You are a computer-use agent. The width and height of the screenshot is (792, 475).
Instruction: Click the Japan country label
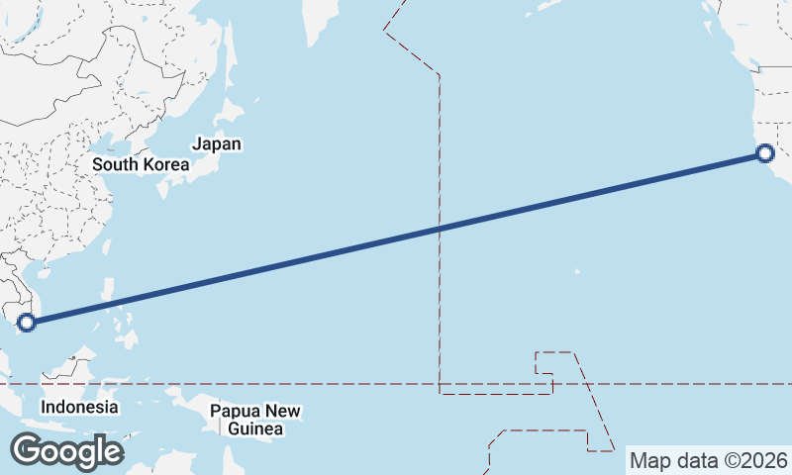tap(216, 144)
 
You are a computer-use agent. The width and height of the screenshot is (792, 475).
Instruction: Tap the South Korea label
tap(140, 164)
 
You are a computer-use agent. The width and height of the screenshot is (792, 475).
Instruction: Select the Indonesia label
tap(79, 407)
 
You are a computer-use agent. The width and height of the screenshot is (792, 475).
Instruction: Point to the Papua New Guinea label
tap(255, 420)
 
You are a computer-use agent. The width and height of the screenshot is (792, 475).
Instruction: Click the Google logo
tap(66, 451)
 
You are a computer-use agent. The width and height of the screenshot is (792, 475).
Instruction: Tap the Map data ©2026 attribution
tap(708, 460)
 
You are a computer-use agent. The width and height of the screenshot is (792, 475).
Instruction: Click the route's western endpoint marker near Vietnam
tap(27, 322)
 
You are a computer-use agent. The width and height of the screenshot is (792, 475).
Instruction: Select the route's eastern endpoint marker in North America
tap(764, 152)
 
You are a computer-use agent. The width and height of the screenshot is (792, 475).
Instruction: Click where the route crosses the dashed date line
tap(439, 229)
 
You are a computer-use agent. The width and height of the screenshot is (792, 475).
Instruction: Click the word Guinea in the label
tap(255, 428)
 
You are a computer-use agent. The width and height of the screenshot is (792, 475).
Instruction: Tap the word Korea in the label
tap(163, 164)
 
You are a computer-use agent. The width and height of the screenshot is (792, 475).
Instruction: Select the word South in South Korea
tap(114, 164)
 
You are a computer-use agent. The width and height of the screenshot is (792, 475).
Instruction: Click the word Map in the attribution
tap(650, 460)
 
